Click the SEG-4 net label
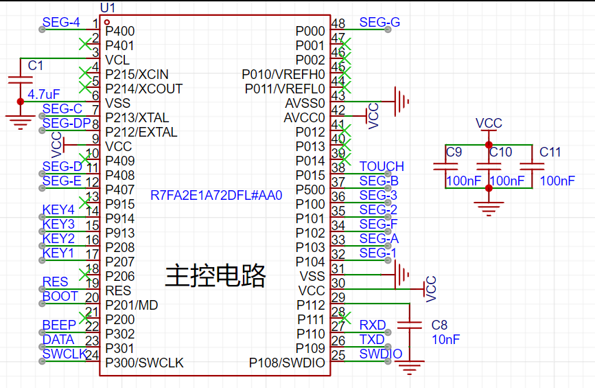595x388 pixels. [61, 23]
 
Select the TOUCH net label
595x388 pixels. [382, 167]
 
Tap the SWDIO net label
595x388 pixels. [381, 354]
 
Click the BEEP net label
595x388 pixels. [59, 325]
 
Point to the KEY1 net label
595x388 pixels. [58, 253]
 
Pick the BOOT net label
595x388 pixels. [60, 296]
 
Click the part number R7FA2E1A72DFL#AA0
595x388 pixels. [216, 196]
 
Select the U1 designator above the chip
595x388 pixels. [108, 8]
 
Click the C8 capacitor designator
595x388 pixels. [439, 325]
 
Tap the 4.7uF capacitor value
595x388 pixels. [44, 94]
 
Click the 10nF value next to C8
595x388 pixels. [446, 339]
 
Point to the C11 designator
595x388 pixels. [550, 152]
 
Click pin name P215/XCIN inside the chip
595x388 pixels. [137, 74]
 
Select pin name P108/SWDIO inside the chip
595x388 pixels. [287, 363]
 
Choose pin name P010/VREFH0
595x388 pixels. [283, 74]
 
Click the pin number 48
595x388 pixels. [338, 23]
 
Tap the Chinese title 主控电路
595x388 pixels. [215, 275]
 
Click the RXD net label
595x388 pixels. [372, 325]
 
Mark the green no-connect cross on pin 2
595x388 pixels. [85, 44]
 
